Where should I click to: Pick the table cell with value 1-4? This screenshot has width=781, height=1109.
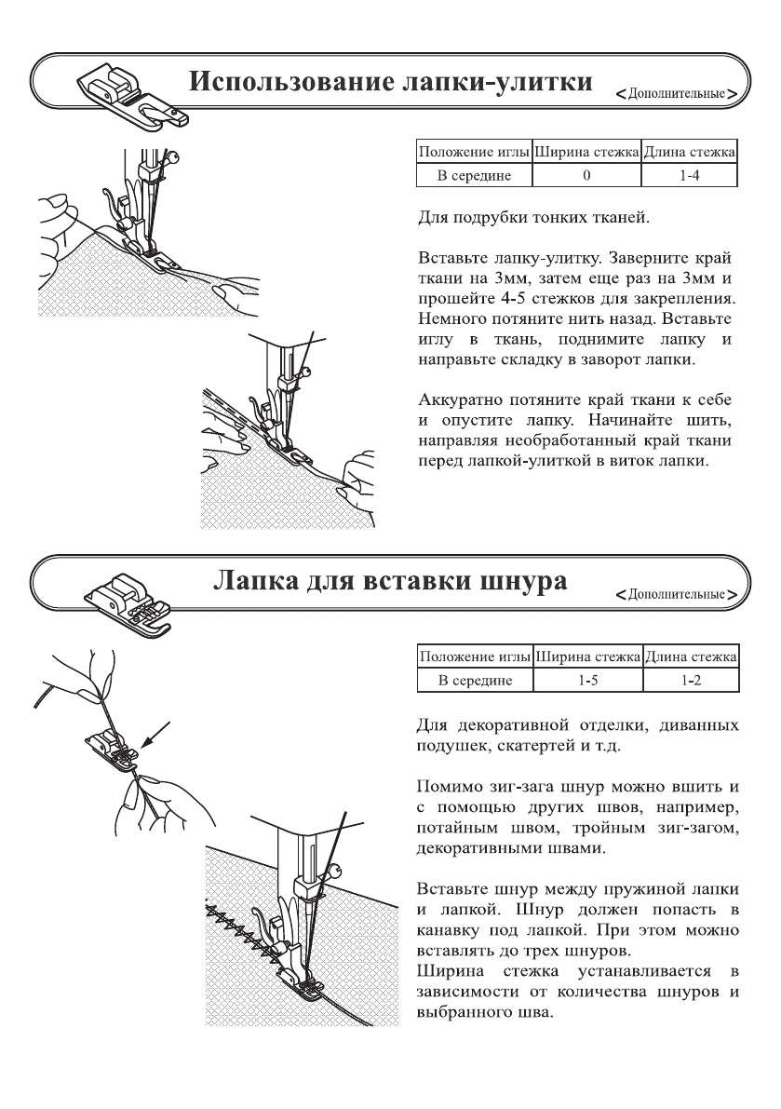[x=689, y=174]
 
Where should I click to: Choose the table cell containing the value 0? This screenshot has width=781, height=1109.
[x=586, y=174]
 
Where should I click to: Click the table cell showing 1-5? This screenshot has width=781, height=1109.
[x=586, y=682]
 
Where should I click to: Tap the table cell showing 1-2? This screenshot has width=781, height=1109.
[x=689, y=682]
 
